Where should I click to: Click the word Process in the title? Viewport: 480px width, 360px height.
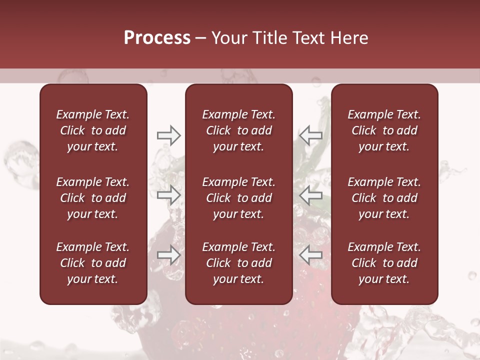click(157, 38)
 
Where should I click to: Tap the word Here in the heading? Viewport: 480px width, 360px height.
click(349, 38)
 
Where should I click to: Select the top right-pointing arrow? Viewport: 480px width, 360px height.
click(168, 135)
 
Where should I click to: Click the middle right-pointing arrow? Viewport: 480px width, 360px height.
click(168, 195)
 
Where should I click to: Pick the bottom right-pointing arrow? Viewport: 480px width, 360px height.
click(168, 255)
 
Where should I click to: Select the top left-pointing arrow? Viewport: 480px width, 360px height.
click(310, 135)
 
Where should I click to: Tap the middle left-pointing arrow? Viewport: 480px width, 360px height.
click(310, 195)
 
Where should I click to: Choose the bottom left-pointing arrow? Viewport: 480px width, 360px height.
click(310, 255)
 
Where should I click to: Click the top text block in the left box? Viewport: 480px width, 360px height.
click(93, 130)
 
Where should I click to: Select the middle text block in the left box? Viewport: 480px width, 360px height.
click(93, 198)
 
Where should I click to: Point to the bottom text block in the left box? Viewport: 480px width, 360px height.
click(93, 263)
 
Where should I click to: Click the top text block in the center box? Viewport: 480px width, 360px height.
click(238, 130)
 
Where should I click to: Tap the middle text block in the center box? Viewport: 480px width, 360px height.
click(238, 198)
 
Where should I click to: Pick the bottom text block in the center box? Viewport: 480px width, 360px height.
click(238, 263)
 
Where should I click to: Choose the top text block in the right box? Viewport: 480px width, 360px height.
click(384, 130)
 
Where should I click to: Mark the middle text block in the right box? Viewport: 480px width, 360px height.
click(384, 198)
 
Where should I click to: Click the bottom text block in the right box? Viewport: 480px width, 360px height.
click(384, 263)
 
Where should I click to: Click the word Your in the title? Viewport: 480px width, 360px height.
click(228, 38)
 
